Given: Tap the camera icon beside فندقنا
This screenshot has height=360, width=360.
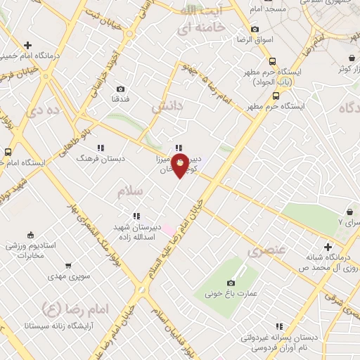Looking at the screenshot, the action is coord(121,89).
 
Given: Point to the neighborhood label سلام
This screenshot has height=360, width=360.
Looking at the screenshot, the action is coord(131,191).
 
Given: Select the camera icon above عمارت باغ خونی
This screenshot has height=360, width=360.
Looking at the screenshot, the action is coord(231,283).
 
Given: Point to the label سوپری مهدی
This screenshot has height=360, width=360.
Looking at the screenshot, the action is coord(67,278).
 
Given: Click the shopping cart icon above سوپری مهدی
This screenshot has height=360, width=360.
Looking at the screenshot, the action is coord(67,266).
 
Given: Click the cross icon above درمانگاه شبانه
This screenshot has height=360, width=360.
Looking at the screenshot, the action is coord(328,247).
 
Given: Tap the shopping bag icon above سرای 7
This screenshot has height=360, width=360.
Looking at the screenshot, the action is coord(349,212).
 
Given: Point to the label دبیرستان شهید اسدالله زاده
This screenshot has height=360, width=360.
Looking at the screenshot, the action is coord(138,233).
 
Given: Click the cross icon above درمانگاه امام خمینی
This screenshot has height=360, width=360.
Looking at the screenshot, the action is coord(26,44).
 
